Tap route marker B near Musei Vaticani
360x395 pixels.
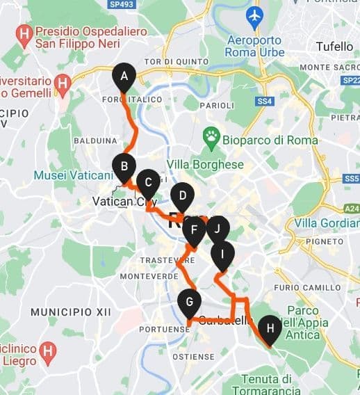pos(124,166)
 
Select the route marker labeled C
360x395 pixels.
pos(148,183)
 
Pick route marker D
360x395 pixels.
pos(182,195)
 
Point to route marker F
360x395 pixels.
pos(195,230)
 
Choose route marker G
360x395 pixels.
pos(189,303)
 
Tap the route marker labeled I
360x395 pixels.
pos(222,255)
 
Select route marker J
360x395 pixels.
pos(218,228)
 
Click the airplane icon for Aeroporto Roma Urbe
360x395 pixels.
pos(255,14)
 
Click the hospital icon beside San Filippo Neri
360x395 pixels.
pos(26,33)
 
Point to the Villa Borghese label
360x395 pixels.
pos(206,165)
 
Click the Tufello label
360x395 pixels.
pos(335,47)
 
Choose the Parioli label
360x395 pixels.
pos(216,105)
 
